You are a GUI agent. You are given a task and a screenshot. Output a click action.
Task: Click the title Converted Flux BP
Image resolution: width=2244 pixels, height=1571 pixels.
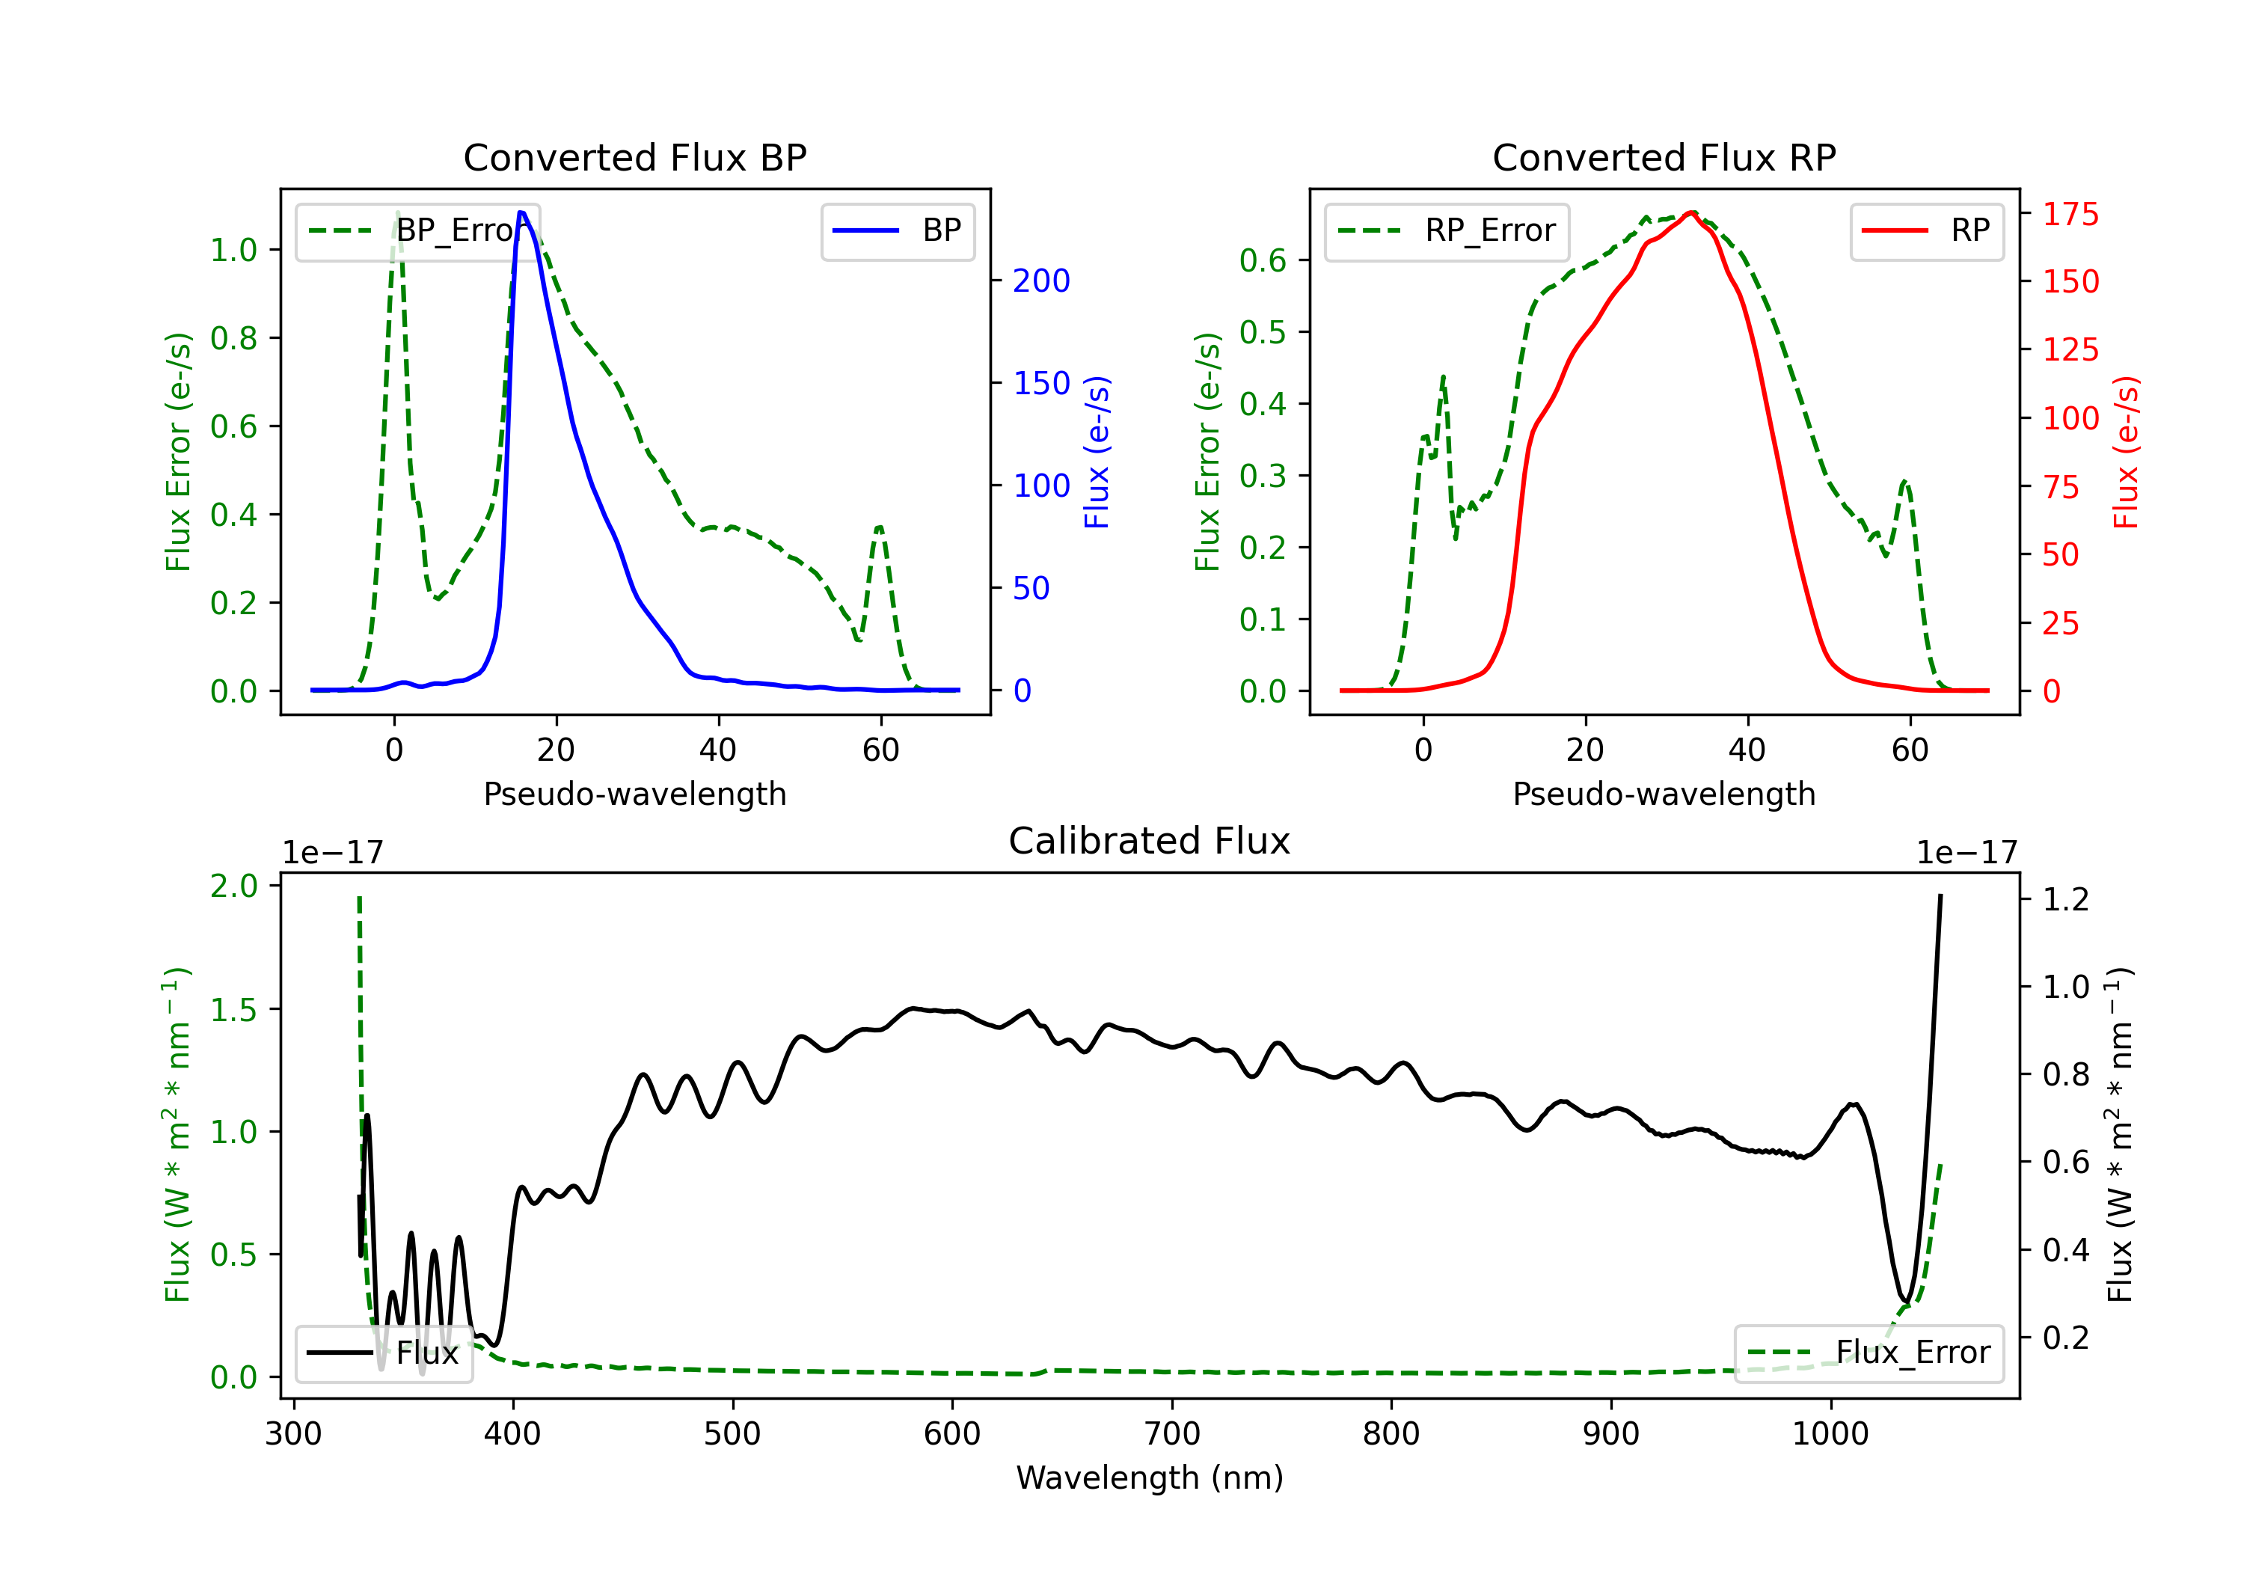pos(634,157)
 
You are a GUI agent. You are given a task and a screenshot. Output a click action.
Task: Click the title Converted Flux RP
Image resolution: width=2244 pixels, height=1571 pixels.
pos(1664,157)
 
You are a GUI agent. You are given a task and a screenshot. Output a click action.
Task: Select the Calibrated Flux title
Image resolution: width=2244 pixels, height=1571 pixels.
pos(1150,841)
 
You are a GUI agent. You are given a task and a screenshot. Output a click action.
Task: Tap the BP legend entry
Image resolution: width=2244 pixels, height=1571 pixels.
pos(897,230)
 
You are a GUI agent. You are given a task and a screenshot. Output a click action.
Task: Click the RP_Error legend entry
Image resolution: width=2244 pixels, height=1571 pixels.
pos(1447,230)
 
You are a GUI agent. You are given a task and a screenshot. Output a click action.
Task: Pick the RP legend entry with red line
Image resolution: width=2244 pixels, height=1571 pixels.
pos(1926,230)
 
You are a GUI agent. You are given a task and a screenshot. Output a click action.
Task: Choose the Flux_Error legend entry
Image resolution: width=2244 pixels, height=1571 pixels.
pos(1869,1353)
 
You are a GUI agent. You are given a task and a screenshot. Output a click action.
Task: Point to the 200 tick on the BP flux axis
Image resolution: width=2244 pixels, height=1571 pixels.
pos(1041,281)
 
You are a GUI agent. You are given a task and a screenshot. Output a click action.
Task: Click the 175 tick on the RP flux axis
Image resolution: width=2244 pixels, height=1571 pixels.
pos(2070,214)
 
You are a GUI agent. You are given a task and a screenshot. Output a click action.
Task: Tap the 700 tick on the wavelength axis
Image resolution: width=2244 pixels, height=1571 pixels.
pos(1172,1434)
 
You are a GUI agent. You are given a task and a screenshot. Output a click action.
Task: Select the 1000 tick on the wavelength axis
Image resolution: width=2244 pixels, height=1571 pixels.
pos(1830,1434)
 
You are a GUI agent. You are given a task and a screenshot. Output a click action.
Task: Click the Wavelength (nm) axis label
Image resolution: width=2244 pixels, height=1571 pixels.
pos(1150,1478)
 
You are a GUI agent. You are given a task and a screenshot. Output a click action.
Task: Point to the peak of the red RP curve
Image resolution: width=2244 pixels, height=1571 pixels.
pos(1690,212)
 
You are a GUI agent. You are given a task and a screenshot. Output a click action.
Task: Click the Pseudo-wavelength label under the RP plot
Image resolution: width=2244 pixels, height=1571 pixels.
pos(1664,794)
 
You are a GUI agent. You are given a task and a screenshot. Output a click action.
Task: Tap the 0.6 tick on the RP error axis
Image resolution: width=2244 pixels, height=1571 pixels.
pos(1263,260)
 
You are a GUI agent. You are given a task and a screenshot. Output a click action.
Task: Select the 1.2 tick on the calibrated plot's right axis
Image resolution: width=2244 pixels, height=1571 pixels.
pos(2066,899)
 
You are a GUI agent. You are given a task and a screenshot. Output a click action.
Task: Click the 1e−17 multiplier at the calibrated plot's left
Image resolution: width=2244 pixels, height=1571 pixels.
pos(334,854)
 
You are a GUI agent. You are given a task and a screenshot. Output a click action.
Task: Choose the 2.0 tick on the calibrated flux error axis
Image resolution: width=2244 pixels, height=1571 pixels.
pos(233,886)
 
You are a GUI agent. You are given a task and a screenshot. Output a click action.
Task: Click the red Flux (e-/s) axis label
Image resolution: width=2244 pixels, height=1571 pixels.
pos(2126,453)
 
